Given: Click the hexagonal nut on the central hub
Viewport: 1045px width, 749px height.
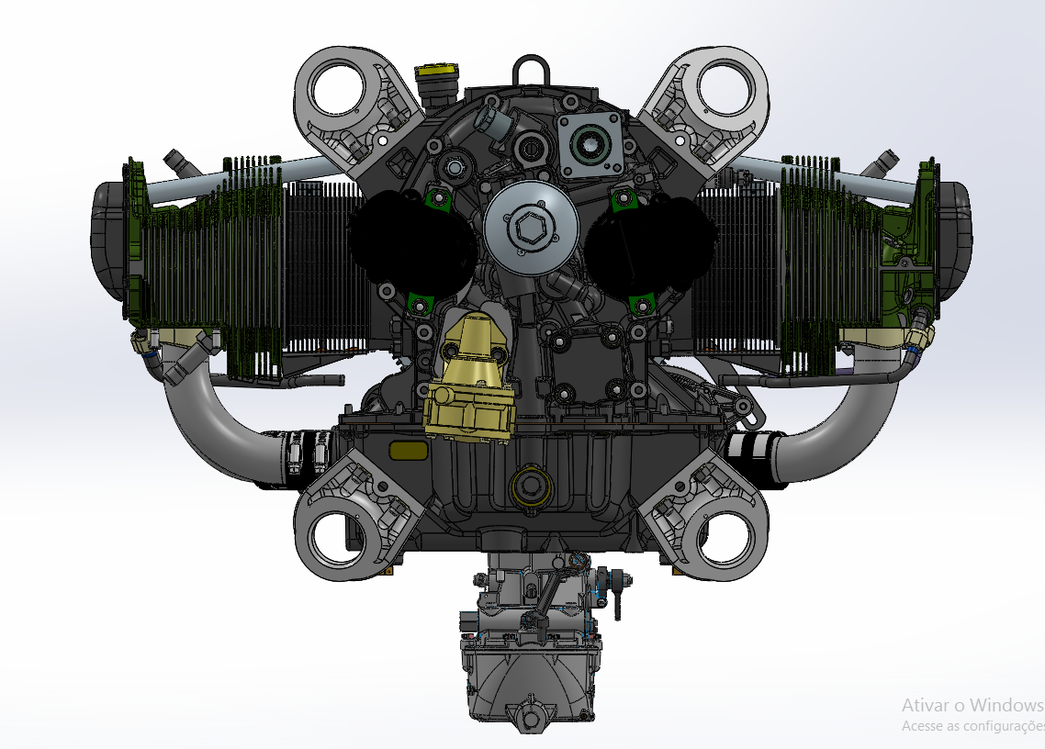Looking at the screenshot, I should coord(530,228).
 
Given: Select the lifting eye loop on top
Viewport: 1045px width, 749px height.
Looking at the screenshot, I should coord(531,70).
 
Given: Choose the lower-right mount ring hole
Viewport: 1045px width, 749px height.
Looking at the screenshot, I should coord(726,538).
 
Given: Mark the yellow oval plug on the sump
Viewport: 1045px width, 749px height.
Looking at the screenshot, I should coord(408,449).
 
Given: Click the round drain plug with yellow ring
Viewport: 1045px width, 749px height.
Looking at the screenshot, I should coord(531,486).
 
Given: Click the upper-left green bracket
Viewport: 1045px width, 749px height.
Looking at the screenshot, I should coord(436,196).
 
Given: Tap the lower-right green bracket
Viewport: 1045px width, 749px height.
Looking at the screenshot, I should coord(643,302).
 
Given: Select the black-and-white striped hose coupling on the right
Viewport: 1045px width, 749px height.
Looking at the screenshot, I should coord(751,447).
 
